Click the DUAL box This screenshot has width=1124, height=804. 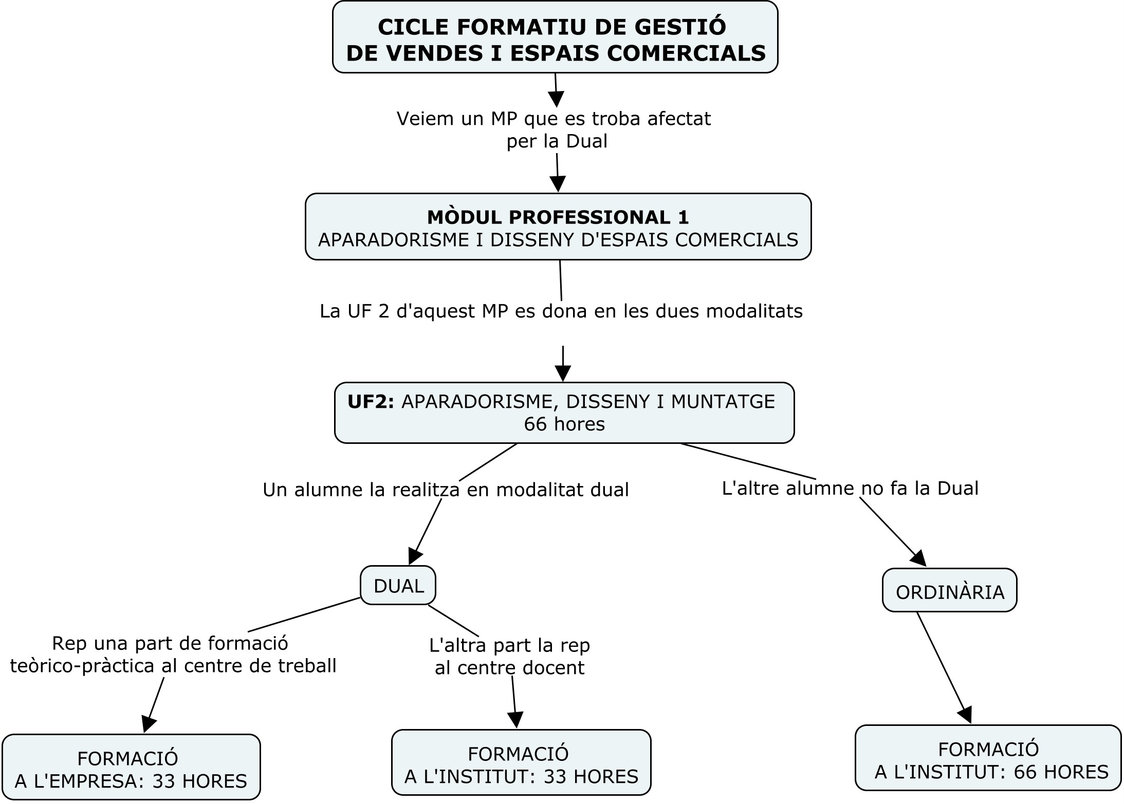pyautogui.click(x=398, y=585)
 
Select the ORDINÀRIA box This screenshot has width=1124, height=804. pyautogui.click(x=949, y=591)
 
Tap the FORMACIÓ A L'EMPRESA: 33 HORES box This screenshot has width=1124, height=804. pyautogui.click(x=131, y=767)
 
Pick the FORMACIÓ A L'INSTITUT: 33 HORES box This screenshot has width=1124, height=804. pyautogui.click(x=521, y=763)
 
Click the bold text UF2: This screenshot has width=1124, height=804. pyautogui.click(x=371, y=402)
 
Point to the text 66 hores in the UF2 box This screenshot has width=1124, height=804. pyautogui.click(x=564, y=424)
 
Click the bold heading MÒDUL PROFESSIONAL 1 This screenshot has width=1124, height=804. pyautogui.click(x=558, y=217)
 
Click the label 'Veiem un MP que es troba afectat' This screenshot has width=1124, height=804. pyautogui.click(x=554, y=119)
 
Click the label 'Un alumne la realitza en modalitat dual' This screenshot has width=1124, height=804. pyautogui.click(x=446, y=490)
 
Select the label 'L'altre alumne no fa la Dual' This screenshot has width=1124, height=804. pyautogui.click(x=850, y=488)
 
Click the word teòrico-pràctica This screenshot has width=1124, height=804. pyautogui.click(x=82, y=666)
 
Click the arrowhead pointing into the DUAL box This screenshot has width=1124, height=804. pyautogui.click(x=415, y=556)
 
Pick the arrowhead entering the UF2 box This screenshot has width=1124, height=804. pyautogui.click(x=563, y=373)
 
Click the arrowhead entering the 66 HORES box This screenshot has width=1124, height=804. pyautogui.click(x=966, y=715)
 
